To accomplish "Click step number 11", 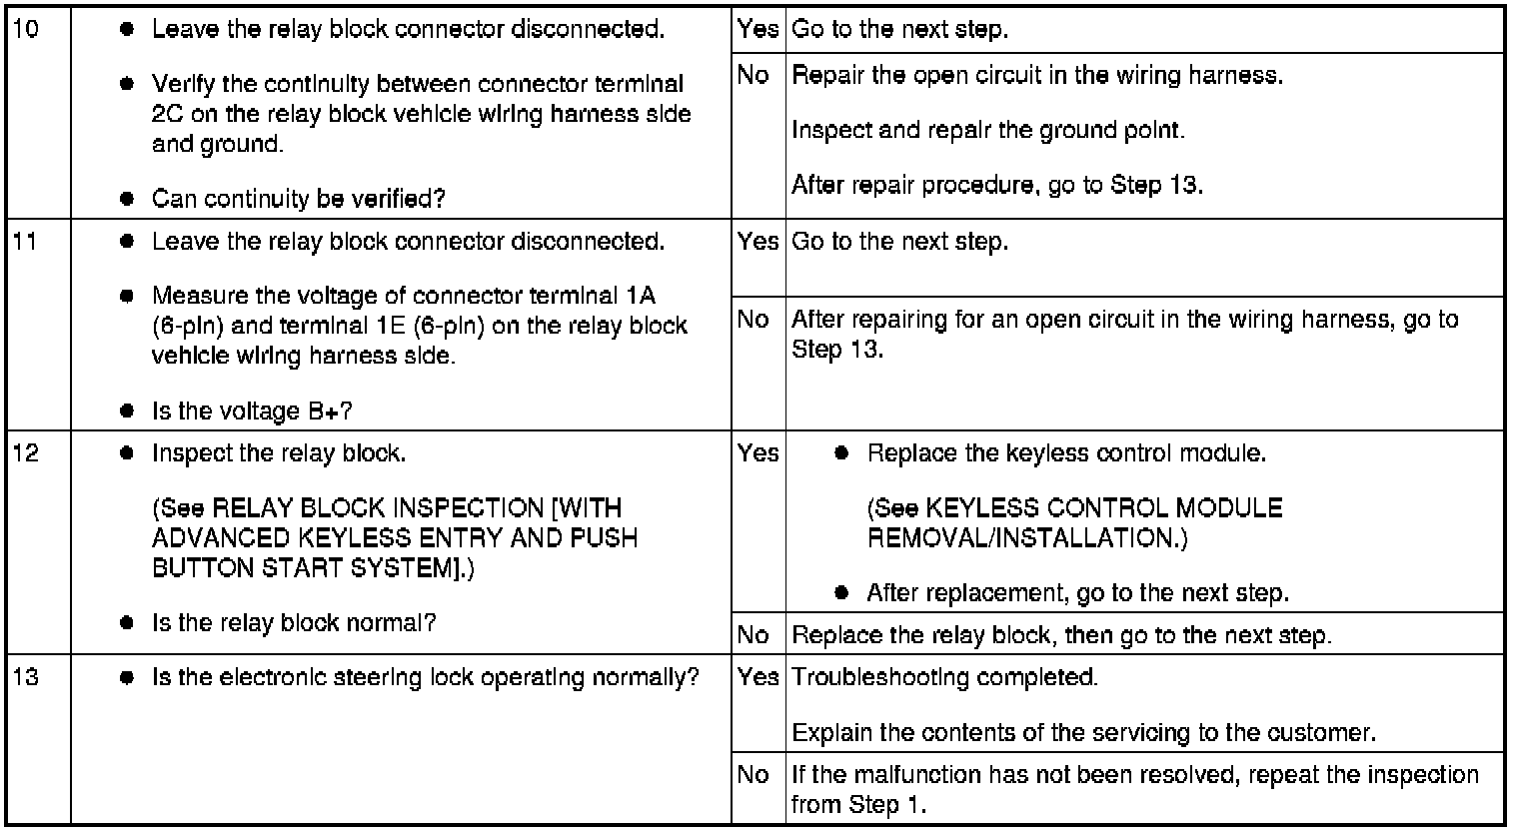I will (x=28, y=242).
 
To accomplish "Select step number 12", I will (x=28, y=453).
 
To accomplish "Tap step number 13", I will (x=28, y=677).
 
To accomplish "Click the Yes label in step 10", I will (x=758, y=30).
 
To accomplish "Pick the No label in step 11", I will (x=754, y=320).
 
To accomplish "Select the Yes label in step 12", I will (x=758, y=453).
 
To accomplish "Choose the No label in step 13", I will (x=754, y=775).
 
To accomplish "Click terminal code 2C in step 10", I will (x=166, y=114).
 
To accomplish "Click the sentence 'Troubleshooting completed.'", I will (x=944, y=677).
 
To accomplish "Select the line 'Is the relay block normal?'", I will (x=294, y=623).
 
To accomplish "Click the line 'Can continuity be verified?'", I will (x=298, y=198).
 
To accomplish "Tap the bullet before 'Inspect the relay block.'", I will (x=127, y=453).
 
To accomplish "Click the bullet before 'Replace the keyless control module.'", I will (x=841, y=453).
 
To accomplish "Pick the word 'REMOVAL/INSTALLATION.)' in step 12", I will (x=1027, y=538).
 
